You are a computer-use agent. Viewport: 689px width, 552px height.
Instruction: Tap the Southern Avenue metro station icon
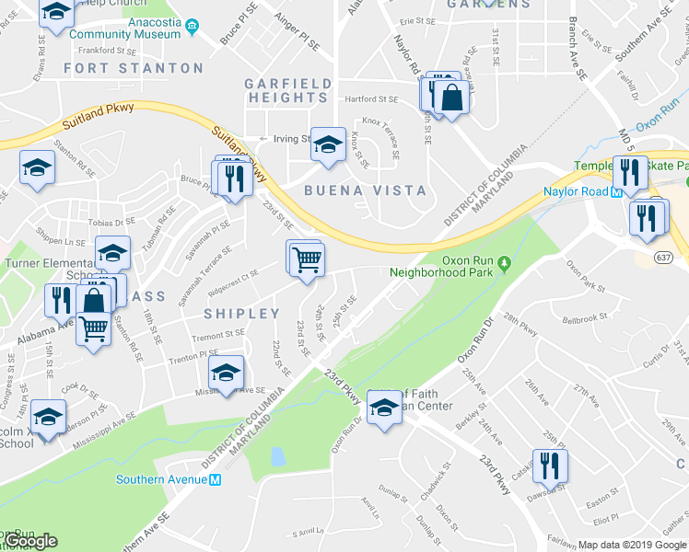216,479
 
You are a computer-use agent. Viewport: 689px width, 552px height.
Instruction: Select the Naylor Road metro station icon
618,191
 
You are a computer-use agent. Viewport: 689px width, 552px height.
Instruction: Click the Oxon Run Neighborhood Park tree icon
504,266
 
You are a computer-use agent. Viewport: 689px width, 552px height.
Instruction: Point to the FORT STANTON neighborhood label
134,68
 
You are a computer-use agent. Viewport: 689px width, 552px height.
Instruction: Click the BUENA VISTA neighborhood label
366,190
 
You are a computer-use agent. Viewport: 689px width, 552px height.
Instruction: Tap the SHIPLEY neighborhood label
241,314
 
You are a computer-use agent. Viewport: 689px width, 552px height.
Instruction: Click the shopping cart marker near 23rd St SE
307,258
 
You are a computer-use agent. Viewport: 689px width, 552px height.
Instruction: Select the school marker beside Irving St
327,144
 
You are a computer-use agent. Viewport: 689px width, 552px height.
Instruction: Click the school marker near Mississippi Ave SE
226,373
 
